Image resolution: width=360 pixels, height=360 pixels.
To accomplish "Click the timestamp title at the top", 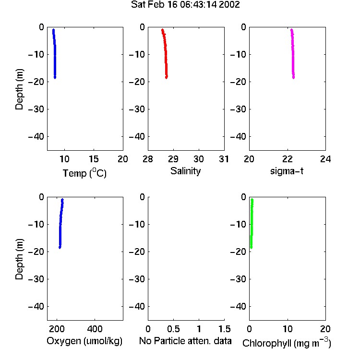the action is pos(185,5).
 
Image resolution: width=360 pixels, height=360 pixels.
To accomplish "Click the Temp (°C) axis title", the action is pos(84,173).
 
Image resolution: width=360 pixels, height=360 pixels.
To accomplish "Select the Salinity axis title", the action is pos(185,171).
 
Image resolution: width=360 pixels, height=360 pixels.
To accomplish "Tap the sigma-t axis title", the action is pos(287,171).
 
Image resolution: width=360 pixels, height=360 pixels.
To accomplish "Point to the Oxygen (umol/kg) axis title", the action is pos(84,341).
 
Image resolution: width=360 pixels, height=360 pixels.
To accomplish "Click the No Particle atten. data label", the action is pos(185,341).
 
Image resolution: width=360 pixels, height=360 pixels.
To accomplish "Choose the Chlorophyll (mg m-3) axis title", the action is pos(287,343).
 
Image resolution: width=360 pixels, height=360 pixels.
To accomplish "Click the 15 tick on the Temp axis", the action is pos(94,159).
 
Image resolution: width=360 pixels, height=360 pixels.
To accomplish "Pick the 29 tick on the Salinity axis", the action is pos(173,159).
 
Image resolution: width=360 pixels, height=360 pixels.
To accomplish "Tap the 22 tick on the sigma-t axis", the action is pos(287,159).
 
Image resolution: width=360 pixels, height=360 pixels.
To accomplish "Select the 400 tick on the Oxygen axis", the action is pos(95,329).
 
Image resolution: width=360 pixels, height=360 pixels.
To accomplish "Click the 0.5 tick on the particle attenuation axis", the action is pos(173,329).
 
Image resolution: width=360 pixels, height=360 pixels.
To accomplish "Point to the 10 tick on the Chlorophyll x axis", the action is pos(288,329).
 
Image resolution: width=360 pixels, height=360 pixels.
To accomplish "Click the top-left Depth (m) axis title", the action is pos(19,89).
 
